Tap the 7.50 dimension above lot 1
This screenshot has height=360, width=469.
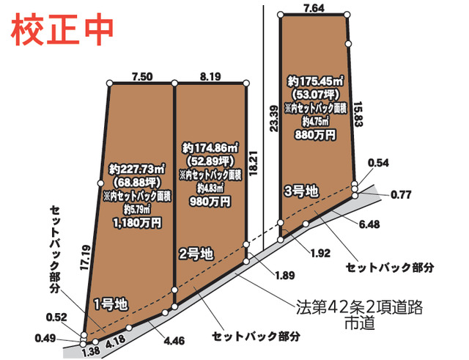click(141, 76)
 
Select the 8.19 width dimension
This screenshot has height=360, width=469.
click(210, 76)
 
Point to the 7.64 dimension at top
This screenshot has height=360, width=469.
click(314, 8)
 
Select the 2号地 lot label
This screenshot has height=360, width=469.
click(196, 254)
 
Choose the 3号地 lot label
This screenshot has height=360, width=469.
click(301, 191)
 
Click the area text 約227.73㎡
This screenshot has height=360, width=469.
click(138, 167)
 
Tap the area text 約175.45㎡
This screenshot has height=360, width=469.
click(316, 81)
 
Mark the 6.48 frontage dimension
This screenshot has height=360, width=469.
click(370, 224)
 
